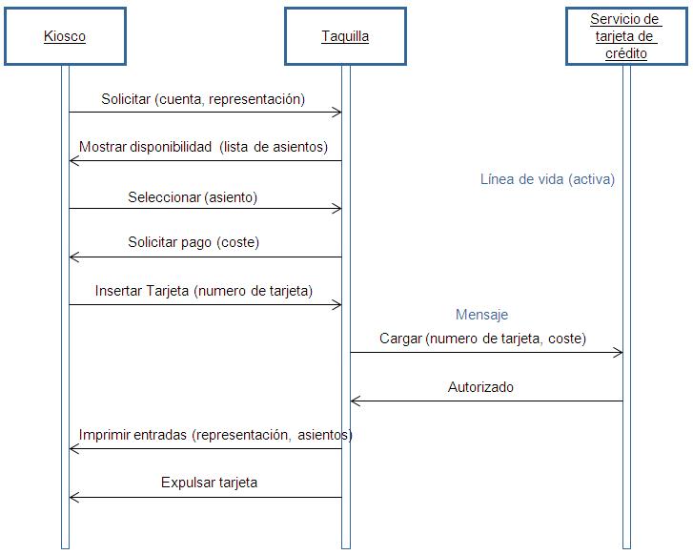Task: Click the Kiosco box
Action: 65,36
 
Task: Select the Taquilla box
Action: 345,36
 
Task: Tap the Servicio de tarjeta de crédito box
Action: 626,36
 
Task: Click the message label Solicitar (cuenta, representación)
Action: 203,99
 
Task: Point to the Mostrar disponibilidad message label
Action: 203,147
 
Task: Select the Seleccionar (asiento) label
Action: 193,197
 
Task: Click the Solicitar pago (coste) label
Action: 194,242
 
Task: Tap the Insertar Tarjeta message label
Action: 204,291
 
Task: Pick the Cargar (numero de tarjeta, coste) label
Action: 482,339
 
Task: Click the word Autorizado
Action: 480,387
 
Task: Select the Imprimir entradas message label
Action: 215,435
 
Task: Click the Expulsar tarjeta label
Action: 209,483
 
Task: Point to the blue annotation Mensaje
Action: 481,315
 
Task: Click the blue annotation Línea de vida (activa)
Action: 547,179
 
